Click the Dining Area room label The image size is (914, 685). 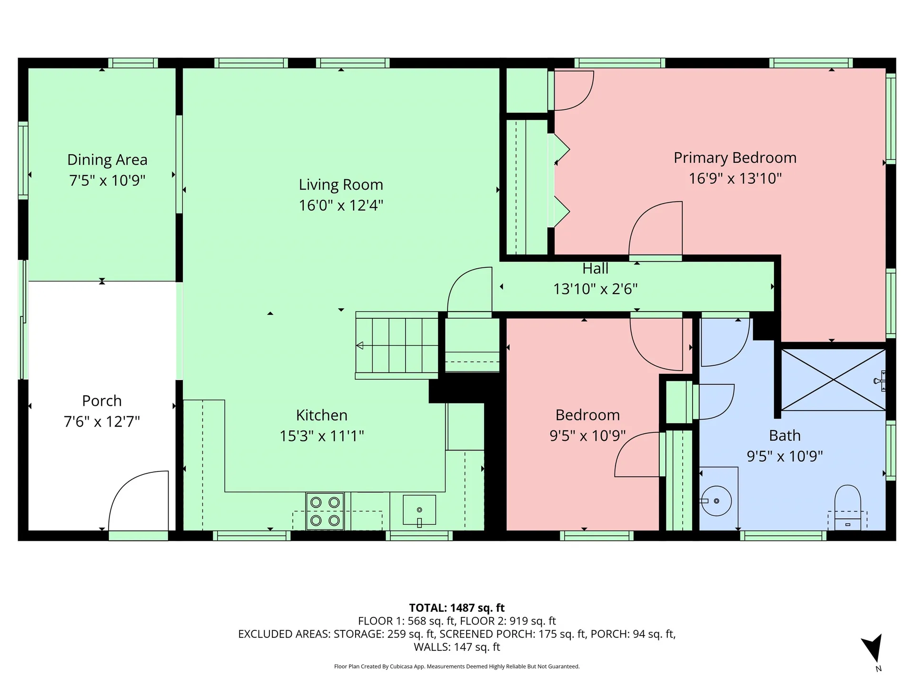pos(107,160)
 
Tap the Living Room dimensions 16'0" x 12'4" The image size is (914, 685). pos(341,205)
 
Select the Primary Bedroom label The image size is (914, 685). pos(735,158)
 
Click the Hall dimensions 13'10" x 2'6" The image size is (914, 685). pos(595,289)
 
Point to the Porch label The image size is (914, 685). pos(101,401)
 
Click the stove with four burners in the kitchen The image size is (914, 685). pos(325,511)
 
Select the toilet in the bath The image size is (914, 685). pos(847,507)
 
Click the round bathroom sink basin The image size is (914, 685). pos(716,501)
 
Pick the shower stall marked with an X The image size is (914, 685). pos(833,380)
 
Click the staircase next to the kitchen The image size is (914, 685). pos(397,345)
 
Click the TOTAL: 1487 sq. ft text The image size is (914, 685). pos(457,608)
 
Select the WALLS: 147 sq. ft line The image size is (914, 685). pos(457,647)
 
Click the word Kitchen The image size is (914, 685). pos(321,415)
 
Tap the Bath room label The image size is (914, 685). pos(785,436)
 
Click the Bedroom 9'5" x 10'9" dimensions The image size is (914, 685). pos(587,436)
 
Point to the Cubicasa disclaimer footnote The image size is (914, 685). pos(457,666)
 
